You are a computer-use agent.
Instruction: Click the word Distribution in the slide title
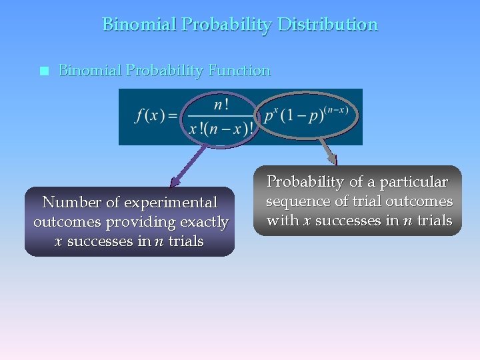coord(327,25)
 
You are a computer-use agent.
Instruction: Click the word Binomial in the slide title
coord(139,25)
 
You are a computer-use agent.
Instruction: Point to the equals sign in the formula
coord(173,116)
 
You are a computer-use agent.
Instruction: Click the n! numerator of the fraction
coord(221,105)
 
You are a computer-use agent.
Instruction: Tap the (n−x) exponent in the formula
coord(335,109)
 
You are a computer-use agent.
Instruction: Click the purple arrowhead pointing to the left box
coord(175,181)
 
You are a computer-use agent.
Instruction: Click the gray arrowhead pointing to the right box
coord(333,159)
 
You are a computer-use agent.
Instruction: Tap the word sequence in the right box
coord(295,201)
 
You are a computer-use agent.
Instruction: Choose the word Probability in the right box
coord(305,182)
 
